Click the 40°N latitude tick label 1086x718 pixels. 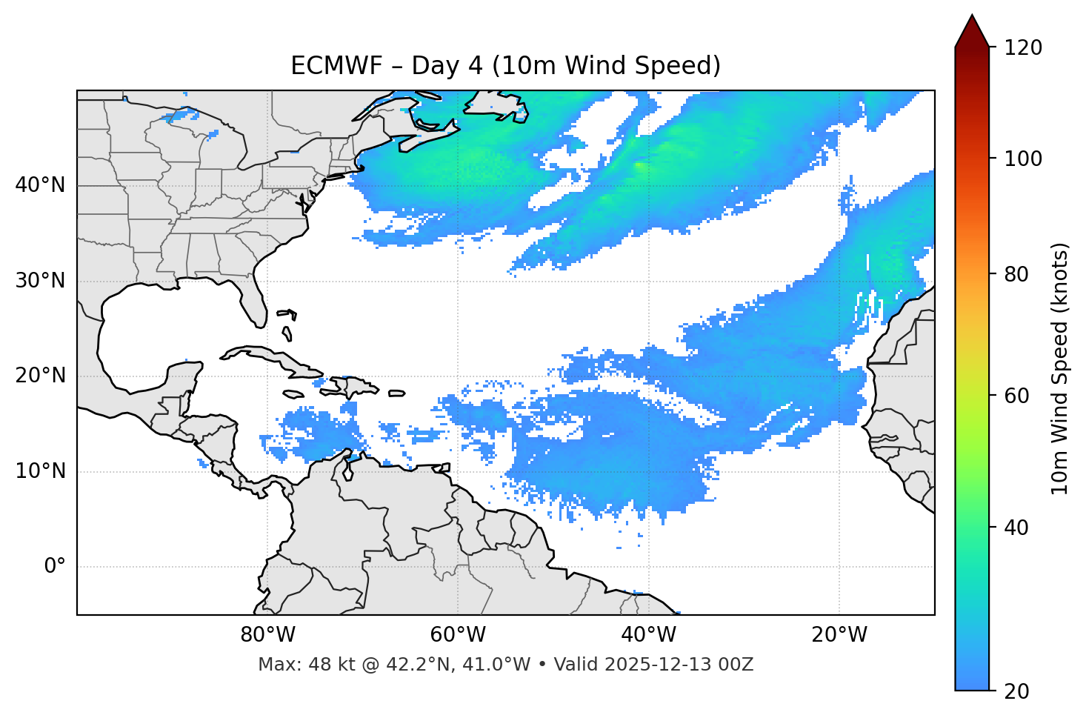tap(40, 185)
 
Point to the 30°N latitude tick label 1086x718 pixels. tap(40, 281)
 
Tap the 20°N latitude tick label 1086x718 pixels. tap(40, 376)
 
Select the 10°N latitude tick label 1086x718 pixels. tap(40, 471)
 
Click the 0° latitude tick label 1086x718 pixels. tap(55, 567)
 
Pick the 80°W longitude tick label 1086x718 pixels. tap(267, 635)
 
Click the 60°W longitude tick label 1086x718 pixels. tap(458, 635)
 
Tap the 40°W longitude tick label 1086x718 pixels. tap(648, 635)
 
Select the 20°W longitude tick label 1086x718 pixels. tap(839, 635)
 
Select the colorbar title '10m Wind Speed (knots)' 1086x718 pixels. tap(1060, 368)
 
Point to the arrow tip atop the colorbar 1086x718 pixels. tap(972, 16)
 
